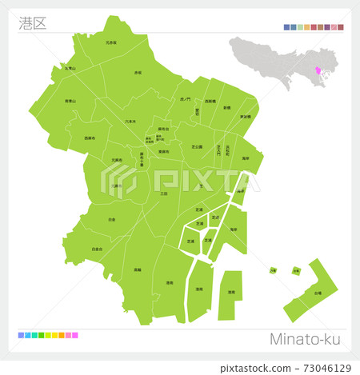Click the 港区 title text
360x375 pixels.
[33, 22]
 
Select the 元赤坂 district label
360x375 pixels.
[110, 42]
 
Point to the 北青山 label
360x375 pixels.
[70, 69]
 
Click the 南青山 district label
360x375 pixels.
[70, 102]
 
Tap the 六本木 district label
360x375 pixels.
[130, 121]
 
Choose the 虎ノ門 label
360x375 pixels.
[186, 98]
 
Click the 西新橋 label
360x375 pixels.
[210, 102]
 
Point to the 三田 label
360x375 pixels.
[164, 193]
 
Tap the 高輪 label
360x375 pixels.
[138, 269]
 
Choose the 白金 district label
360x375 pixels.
[110, 219]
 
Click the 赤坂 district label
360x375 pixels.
[138, 72]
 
